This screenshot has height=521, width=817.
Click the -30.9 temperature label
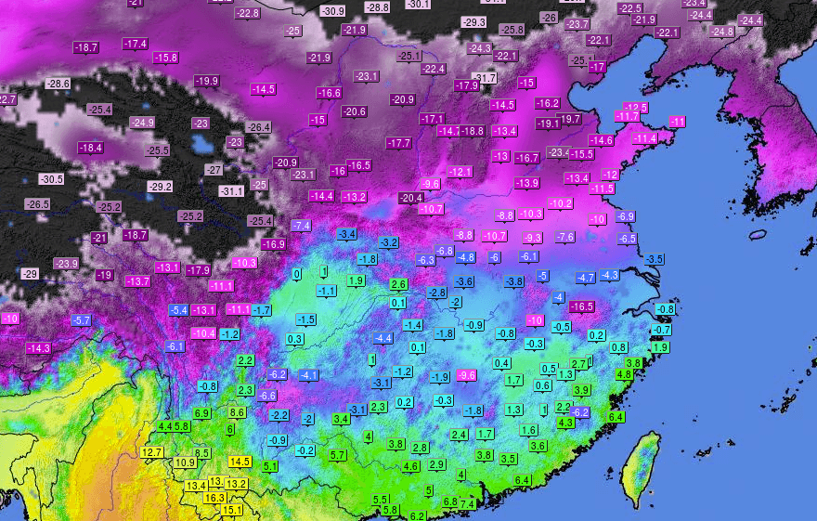[332, 11]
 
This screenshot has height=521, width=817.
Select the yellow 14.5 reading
[240, 462]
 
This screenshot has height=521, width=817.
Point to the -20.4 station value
[411, 198]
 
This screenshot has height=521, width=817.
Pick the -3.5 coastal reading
[655, 258]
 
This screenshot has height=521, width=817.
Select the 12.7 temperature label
[152, 452]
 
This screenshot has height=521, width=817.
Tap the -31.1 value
[230, 190]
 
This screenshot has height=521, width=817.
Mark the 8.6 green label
[237, 412]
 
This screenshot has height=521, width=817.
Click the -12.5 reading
[635, 108]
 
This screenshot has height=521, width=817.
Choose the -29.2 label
[161, 187]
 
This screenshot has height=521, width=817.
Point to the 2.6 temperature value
[398, 284]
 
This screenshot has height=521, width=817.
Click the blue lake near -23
[199, 143]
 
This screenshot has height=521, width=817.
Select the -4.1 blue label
[309, 375]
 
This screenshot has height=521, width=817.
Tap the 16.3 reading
[214, 498]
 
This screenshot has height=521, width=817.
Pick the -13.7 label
[137, 280]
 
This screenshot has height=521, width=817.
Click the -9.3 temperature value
[533, 239]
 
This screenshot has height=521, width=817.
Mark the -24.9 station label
[142, 123]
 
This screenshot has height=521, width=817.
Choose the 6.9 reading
[202, 413]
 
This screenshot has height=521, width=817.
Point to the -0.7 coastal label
[661, 330]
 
